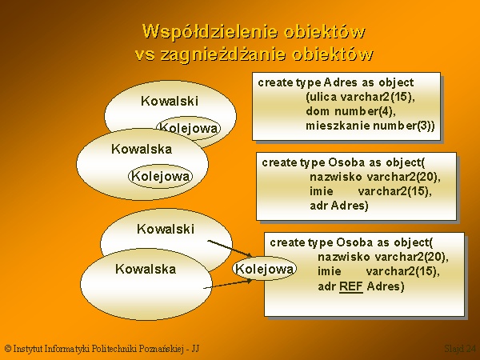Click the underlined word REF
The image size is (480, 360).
point(351,286)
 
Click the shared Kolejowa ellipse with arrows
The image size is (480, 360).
point(264,269)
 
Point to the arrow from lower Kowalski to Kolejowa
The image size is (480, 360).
point(230,248)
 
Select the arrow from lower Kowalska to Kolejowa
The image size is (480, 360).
point(228,284)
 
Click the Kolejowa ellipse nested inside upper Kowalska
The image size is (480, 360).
point(161,176)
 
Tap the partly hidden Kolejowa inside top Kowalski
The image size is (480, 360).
point(188,128)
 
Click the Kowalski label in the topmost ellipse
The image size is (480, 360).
point(170,101)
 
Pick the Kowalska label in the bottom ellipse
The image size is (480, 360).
point(146,269)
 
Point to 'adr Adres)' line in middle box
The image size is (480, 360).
point(339,206)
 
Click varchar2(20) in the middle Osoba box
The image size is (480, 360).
point(404,177)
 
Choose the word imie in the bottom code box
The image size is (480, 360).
point(330,271)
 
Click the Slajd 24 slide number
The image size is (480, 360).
point(460,348)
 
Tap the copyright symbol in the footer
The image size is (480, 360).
point(8,348)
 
